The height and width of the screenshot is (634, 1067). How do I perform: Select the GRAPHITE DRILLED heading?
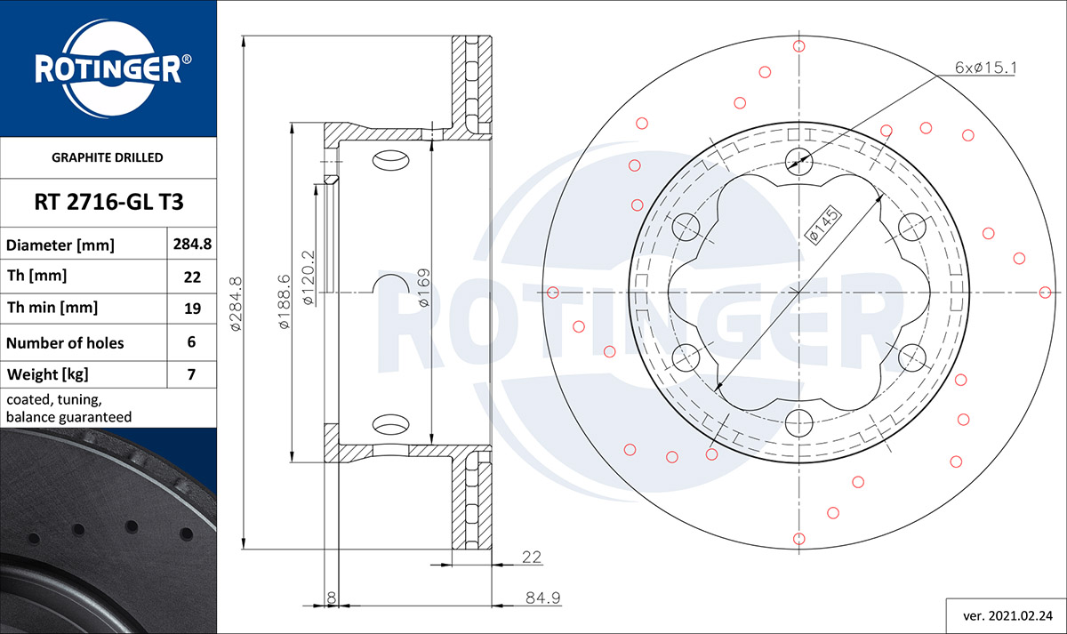coord(108,157)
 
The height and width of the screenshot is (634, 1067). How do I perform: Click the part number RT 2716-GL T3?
coord(108,202)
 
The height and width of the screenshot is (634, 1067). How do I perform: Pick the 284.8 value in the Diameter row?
coord(192,244)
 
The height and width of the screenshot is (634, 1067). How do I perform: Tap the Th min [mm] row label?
coord(52,308)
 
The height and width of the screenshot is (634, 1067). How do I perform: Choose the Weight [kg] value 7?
coord(191,374)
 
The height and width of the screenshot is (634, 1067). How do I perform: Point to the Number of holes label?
coord(65,343)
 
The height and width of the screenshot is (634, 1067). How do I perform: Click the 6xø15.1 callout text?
coord(985,68)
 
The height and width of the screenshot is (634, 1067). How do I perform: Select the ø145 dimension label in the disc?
coord(822,225)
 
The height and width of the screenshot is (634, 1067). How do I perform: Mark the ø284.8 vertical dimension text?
coord(237,304)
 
